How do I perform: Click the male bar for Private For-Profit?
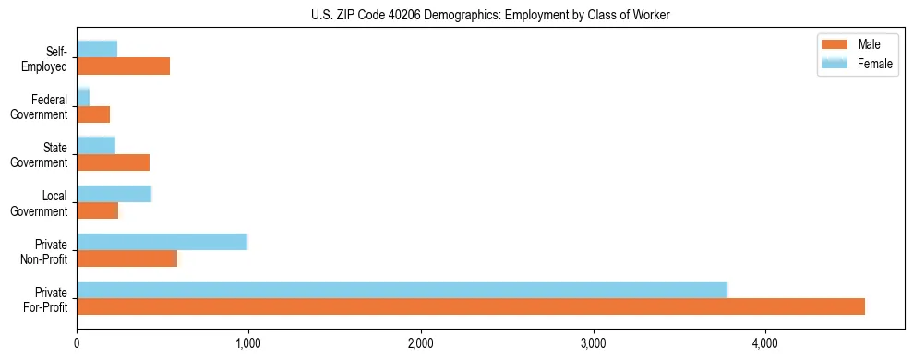(471, 306)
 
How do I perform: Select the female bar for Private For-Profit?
(402, 290)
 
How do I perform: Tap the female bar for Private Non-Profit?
(162, 242)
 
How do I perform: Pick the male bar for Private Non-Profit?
(126, 258)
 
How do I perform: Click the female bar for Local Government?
(114, 194)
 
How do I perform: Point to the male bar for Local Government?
(97, 210)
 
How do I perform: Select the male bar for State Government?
(113, 162)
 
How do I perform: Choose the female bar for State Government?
(96, 146)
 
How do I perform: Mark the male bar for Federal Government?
(93, 114)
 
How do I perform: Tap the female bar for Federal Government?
(83, 98)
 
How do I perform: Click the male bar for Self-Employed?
(123, 66)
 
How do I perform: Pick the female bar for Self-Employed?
(97, 50)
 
